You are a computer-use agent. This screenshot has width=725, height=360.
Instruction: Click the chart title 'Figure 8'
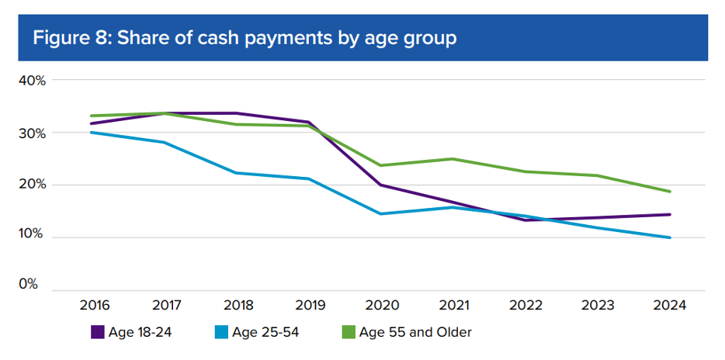[x=244, y=37]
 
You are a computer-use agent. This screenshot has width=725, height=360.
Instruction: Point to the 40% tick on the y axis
[x=32, y=80]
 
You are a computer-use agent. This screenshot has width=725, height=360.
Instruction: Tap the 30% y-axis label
[x=32, y=133]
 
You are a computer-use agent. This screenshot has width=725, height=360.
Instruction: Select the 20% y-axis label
[x=32, y=185]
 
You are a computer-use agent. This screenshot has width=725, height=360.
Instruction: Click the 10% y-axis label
[x=32, y=237]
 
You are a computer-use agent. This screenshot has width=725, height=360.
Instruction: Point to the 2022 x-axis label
[x=525, y=305]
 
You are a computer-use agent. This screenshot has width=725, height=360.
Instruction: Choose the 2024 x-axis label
[x=669, y=305]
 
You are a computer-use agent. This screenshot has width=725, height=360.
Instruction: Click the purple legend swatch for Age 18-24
[x=98, y=333]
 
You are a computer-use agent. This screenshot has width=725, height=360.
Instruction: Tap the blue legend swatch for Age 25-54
[x=220, y=333]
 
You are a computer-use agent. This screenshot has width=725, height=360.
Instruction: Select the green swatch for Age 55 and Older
[x=349, y=333]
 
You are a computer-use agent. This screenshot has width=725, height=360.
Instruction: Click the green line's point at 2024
[x=669, y=192]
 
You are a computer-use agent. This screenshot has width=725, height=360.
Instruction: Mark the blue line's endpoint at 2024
[x=669, y=237]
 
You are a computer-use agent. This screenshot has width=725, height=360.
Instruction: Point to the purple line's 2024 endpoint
[x=669, y=214]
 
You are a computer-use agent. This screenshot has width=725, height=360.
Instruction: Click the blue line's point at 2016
[x=92, y=132]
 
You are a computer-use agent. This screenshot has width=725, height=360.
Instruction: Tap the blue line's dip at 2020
[x=380, y=213]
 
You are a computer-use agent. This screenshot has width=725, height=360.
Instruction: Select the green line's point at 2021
[x=453, y=159]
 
